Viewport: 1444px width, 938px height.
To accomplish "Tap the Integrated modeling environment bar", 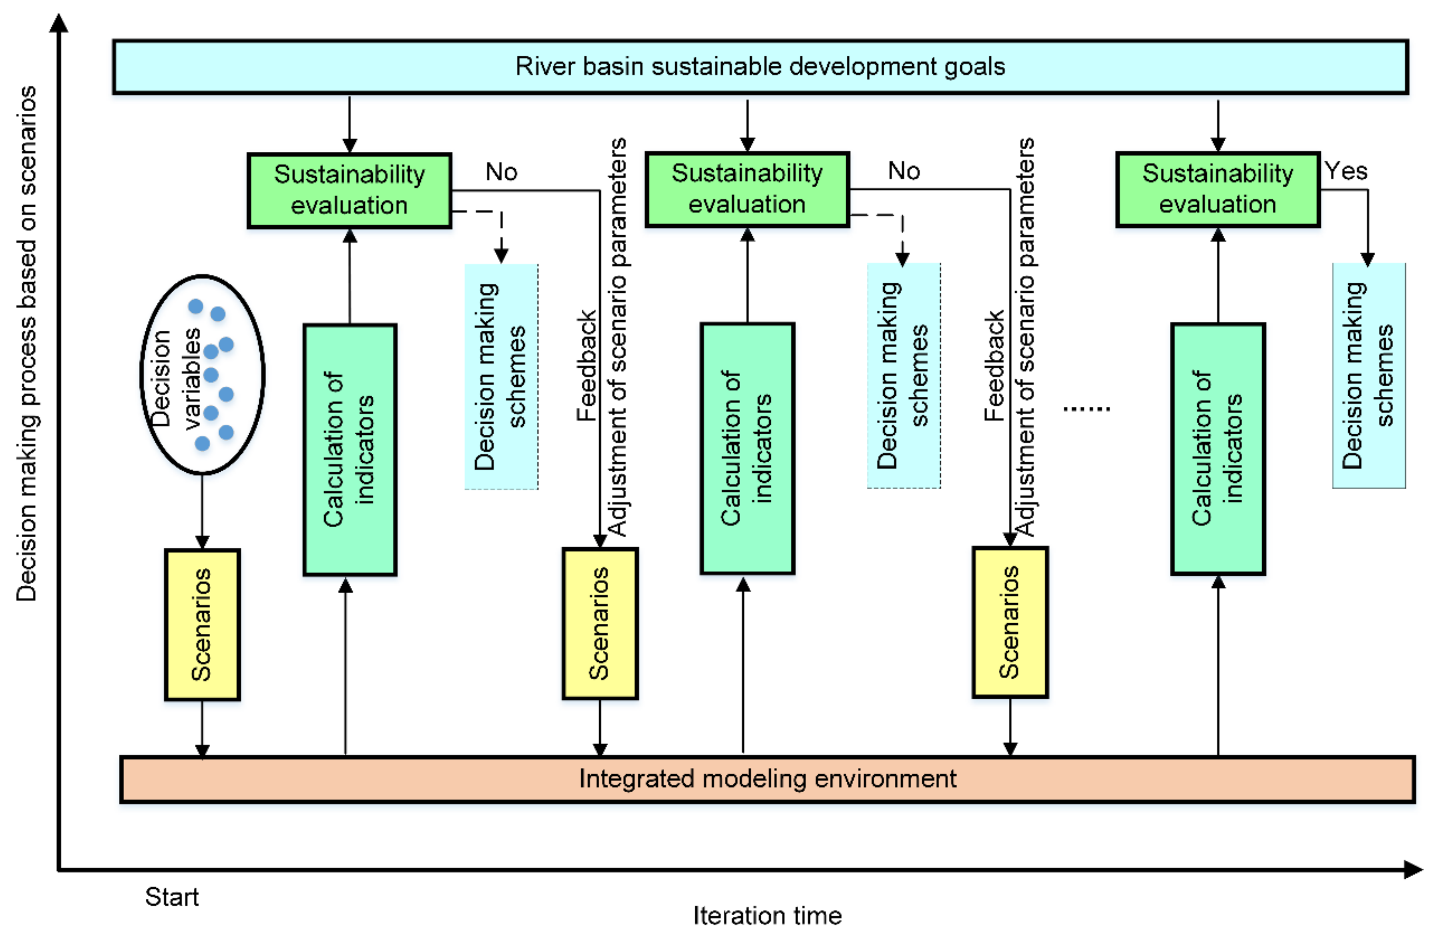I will point(767,779).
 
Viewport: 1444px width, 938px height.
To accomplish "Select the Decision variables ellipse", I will point(202,374).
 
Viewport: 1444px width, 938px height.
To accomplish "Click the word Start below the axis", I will point(172,897).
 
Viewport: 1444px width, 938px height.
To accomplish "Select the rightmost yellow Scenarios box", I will point(1010,623).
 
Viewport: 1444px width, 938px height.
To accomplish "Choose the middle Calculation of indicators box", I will point(747,448).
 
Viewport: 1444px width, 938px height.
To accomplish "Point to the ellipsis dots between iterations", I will point(1086,409).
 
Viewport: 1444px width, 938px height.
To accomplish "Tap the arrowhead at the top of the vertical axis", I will point(59,23).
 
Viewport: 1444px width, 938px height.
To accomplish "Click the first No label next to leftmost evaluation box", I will point(501,172).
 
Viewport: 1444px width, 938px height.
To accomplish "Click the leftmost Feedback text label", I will point(586,366).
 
